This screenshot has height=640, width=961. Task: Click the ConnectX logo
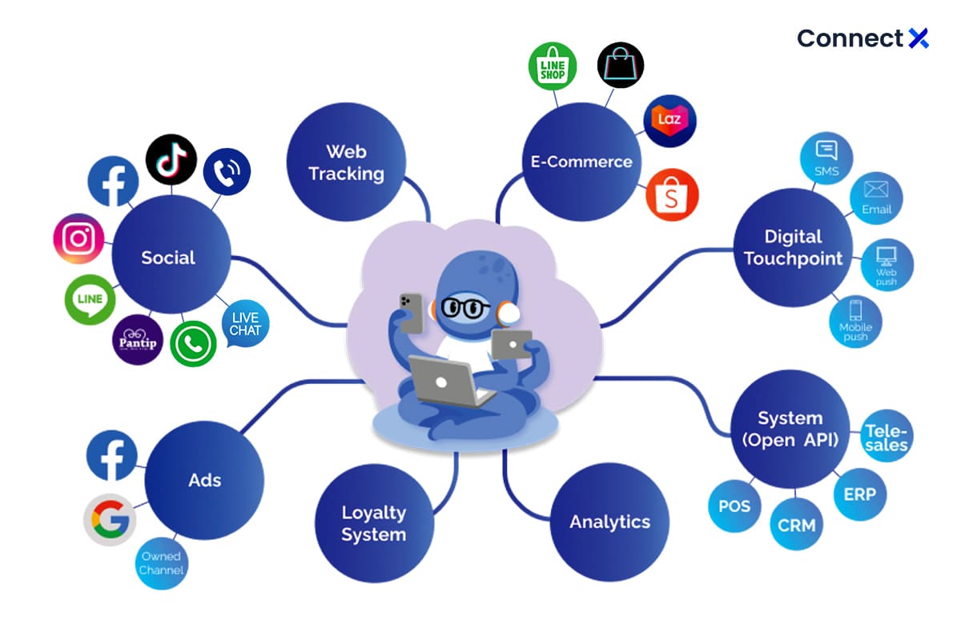[x=862, y=38]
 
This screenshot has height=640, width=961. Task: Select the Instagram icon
[x=78, y=238]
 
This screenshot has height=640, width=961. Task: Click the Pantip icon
[x=137, y=339]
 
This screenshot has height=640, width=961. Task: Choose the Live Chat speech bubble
[x=245, y=323]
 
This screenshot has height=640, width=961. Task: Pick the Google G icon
[x=110, y=520]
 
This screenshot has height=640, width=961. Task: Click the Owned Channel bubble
[x=161, y=563]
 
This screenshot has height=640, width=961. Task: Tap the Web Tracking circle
[x=346, y=162]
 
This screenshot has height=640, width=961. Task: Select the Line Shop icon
[x=553, y=66]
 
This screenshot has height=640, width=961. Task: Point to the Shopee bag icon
[x=672, y=194]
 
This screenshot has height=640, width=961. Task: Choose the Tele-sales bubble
[x=886, y=438]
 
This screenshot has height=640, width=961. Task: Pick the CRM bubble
[x=797, y=525]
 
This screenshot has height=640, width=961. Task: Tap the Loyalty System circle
[x=374, y=523]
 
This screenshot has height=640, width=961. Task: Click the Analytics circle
[x=609, y=522]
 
